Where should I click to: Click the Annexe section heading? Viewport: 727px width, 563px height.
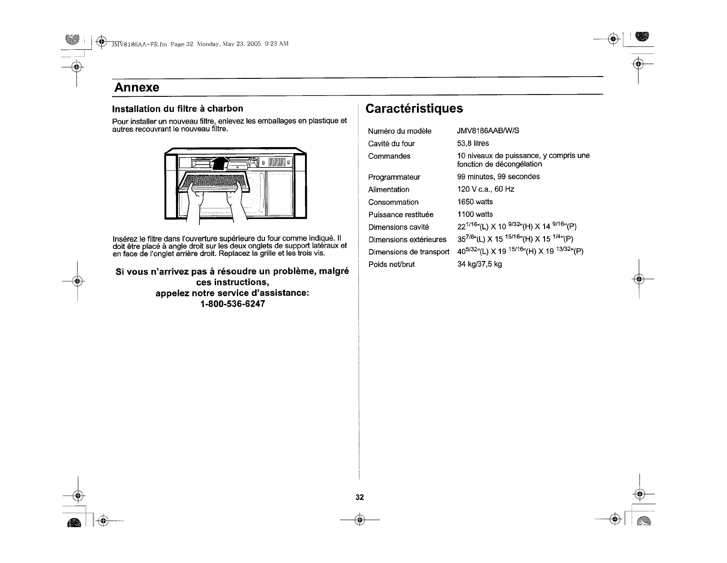tap(136, 87)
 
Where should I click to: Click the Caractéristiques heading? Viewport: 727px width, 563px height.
tap(414, 108)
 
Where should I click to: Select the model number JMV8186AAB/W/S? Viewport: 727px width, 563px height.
tap(488, 131)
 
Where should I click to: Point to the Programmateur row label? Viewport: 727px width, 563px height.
tap(394, 177)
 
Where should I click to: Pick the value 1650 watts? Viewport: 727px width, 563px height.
tap(475, 202)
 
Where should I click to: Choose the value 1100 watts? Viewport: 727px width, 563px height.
tap(475, 214)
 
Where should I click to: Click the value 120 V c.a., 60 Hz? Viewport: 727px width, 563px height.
tap(486, 190)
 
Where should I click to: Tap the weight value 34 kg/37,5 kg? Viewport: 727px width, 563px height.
tap(479, 264)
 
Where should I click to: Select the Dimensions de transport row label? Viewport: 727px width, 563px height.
tap(409, 252)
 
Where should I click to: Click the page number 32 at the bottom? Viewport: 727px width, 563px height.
tap(360, 497)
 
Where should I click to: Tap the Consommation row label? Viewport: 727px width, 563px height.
tap(393, 202)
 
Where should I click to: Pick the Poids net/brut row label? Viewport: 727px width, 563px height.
tap(391, 264)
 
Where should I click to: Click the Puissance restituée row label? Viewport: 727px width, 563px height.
tap(401, 214)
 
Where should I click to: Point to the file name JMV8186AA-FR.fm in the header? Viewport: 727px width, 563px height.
tap(139, 44)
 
